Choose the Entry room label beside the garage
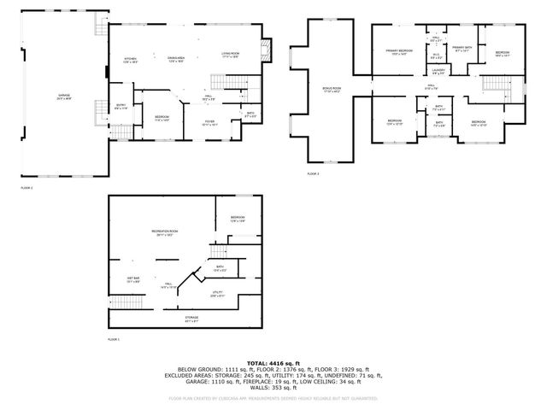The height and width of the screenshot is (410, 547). coord(121,107)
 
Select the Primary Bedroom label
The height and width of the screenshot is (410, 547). coord(398,52)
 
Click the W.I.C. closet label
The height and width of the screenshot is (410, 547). coord(436,56)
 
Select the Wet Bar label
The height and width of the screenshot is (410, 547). coord(134,279)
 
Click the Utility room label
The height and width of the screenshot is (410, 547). coord(218,293)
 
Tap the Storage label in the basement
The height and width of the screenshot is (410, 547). coord(192,319)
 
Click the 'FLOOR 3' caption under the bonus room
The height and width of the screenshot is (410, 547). coord(313,173)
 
